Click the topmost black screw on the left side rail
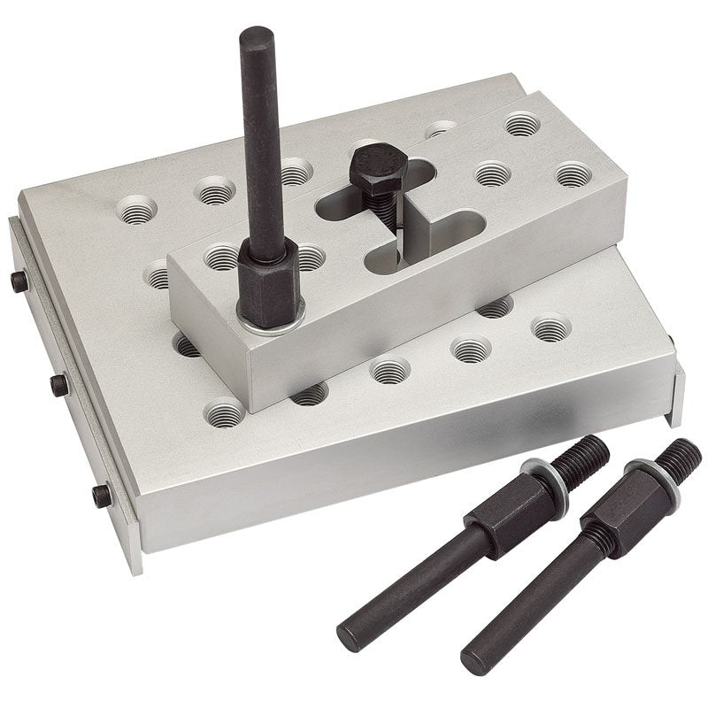tap(19, 281)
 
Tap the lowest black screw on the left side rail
tap(103, 495)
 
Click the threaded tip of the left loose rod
tap(585, 458)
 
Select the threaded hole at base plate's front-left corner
tap(225, 412)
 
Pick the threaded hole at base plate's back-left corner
tap(136, 210)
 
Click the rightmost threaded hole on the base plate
tap(550, 329)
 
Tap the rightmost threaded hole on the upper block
tap(573, 173)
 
